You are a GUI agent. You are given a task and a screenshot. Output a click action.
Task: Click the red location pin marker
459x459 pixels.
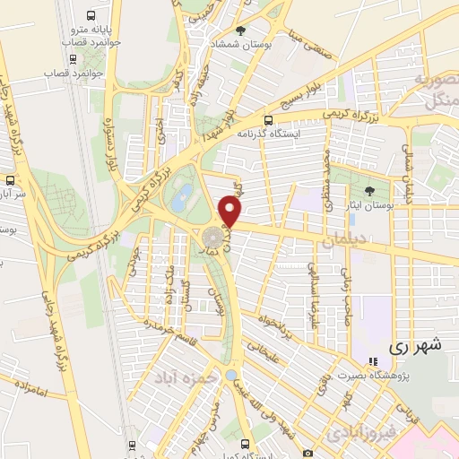[231, 212]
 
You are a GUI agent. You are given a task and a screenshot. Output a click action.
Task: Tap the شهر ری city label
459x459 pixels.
[416, 344]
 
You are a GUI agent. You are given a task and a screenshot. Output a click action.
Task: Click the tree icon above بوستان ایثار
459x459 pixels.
[369, 191]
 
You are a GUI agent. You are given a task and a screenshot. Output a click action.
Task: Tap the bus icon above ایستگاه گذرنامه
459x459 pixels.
[269, 120]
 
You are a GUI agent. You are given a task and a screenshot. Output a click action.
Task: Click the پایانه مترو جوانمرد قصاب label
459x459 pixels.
[91, 36]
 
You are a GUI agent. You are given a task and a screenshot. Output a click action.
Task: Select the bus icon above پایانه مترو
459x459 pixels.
[91, 15]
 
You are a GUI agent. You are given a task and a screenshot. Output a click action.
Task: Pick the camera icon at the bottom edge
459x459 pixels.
[307, 454]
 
